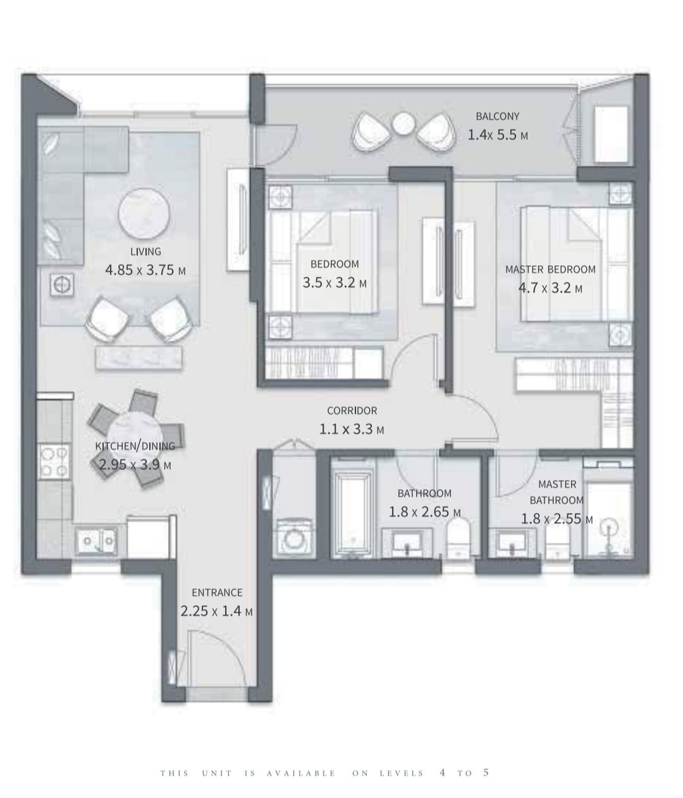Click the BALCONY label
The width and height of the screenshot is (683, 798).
(496, 116)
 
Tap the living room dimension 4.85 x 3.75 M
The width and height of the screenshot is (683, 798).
(145, 270)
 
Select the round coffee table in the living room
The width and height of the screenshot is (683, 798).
(144, 214)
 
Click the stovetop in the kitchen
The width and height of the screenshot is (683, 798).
(54, 461)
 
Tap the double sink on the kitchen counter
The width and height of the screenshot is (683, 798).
(96, 541)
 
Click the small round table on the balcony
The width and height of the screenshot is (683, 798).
(403, 124)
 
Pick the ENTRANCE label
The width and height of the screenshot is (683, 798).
(217, 592)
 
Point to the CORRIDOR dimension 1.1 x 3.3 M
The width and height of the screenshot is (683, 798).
(352, 429)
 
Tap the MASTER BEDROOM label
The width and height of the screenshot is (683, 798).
(550, 269)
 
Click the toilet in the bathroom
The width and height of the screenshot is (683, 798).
(458, 538)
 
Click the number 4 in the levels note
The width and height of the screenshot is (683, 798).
(443, 773)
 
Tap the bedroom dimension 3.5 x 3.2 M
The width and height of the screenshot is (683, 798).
(335, 282)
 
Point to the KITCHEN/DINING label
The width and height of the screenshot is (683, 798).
(135, 446)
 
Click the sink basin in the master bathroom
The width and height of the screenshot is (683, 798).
(512, 540)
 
